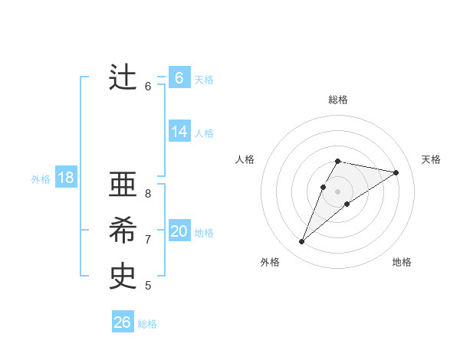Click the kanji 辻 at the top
pyautogui.click(x=123, y=78)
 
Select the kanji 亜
pyautogui.click(x=123, y=185)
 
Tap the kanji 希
pyautogui.click(x=123, y=232)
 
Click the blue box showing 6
pyautogui.click(x=179, y=78)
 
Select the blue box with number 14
pyautogui.click(x=179, y=132)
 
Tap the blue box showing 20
pyautogui.click(x=179, y=231)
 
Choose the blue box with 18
pyautogui.click(x=66, y=178)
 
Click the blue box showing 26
pyautogui.click(x=123, y=322)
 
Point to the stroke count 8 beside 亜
pyautogui.click(x=148, y=194)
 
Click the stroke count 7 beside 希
pyautogui.click(x=148, y=240)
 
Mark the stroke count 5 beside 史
pyautogui.click(x=148, y=286)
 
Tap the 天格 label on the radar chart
pyautogui.click(x=431, y=159)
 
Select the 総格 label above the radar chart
pyautogui.click(x=338, y=100)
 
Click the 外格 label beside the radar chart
pyautogui.click(x=270, y=262)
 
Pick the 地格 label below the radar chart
pyautogui.click(x=402, y=262)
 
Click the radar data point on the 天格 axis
pyautogui.click(x=396, y=172)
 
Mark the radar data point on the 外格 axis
pyautogui.click(x=301, y=242)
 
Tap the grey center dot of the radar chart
pyautogui.click(x=338, y=191)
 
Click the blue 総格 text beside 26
pyautogui.click(x=147, y=324)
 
